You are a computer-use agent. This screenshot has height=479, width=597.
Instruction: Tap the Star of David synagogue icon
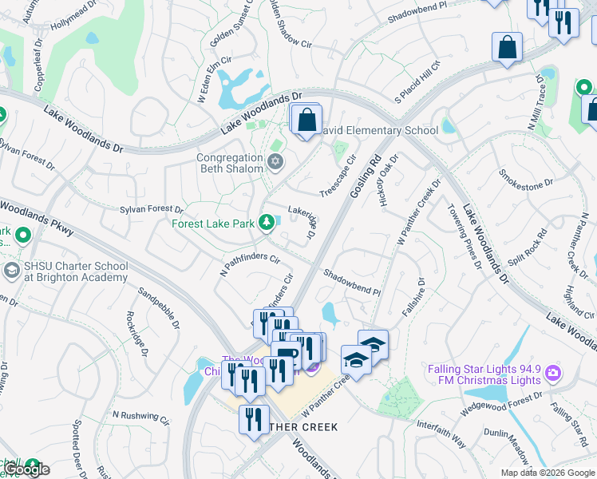275,163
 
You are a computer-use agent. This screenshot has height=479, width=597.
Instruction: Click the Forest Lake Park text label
211,223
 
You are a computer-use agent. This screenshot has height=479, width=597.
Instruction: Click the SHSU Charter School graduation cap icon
11,271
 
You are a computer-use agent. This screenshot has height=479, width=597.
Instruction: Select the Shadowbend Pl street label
352,283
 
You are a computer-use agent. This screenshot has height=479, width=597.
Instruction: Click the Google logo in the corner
26,469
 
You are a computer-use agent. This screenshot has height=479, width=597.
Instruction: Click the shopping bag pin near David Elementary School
307,121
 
